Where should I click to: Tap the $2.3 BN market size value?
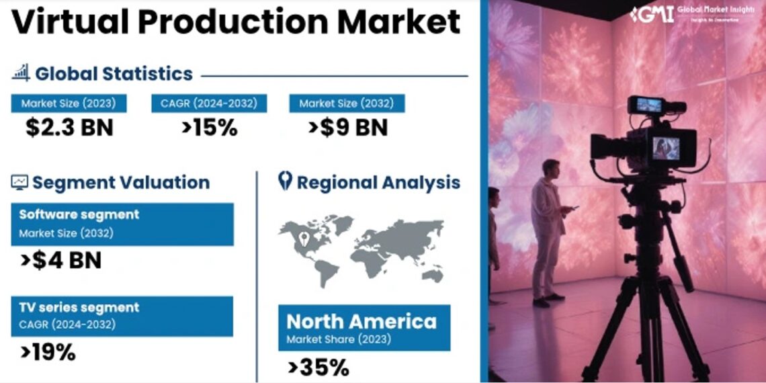click(x=69, y=128)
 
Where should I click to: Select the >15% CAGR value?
click(x=208, y=128)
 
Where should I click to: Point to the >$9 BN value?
click(x=347, y=128)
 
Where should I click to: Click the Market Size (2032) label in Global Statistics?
click(x=347, y=103)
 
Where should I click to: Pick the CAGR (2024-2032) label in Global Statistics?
click(x=208, y=103)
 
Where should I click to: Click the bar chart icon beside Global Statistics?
click(x=21, y=73)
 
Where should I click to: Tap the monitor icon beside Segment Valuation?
click(x=19, y=182)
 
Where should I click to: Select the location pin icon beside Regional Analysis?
click(x=285, y=181)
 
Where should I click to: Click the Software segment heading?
click(x=79, y=215)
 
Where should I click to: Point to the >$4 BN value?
click(x=60, y=260)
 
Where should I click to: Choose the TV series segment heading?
click(x=79, y=308)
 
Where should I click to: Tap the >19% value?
click(x=48, y=352)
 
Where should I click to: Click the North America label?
click(x=361, y=321)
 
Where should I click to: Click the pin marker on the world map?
click(x=303, y=237)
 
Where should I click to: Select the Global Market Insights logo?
click(x=692, y=14)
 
